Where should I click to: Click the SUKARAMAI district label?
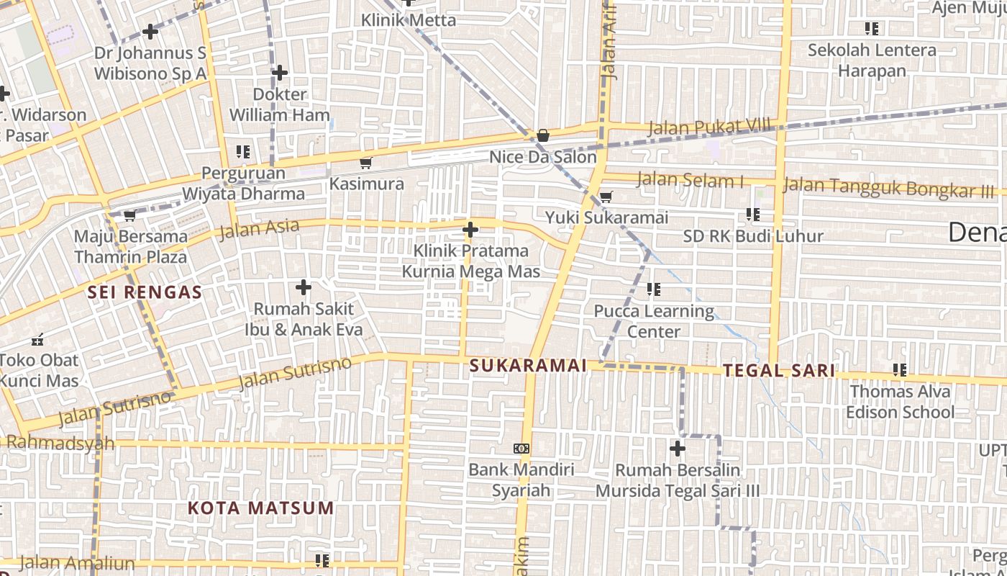pyautogui.click(x=528, y=366)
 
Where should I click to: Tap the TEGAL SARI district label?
pyautogui.click(x=779, y=371)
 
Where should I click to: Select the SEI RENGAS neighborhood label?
pyautogui.click(x=145, y=292)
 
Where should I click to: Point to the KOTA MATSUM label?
pyautogui.click(x=261, y=508)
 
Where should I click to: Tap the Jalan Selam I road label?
pyautogui.click(x=690, y=180)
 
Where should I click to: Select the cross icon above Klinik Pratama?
pyautogui.click(x=470, y=230)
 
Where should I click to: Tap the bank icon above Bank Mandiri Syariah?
pyautogui.click(x=521, y=449)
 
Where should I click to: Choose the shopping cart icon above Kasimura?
pyautogui.click(x=366, y=163)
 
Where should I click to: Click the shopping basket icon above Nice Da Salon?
pyautogui.click(x=543, y=135)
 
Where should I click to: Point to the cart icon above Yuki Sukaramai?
pyautogui.click(x=606, y=197)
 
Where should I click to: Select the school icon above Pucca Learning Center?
pyautogui.click(x=653, y=289)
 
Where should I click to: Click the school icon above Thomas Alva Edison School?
pyautogui.click(x=899, y=370)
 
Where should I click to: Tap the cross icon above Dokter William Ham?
pyautogui.click(x=280, y=73)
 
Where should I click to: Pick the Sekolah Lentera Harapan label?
pyautogui.click(x=872, y=60)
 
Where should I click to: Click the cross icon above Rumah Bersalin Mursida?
pyautogui.click(x=677, y=449)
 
